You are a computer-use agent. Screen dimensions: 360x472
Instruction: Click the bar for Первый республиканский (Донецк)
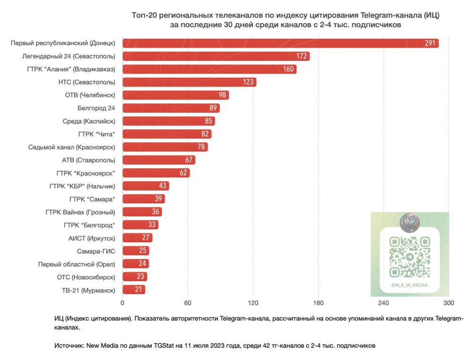(280, 43)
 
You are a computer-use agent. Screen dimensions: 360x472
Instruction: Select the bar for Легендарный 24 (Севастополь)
(216, 56)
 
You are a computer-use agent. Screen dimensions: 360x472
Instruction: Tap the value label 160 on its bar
(288, 69)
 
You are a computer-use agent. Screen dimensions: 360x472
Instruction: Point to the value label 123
(248, 82)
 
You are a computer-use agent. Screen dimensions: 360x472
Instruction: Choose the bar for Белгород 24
(171, 108)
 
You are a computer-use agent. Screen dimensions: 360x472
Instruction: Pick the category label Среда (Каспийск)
(89, 121)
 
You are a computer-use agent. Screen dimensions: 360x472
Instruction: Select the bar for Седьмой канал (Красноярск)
(165, 147)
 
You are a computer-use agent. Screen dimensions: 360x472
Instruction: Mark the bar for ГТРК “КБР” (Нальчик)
(145, 186)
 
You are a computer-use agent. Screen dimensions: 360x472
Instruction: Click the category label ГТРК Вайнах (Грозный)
(80, 211)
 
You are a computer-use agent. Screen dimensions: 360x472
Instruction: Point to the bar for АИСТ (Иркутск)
(137, 237)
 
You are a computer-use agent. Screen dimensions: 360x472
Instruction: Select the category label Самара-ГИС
(96, 251)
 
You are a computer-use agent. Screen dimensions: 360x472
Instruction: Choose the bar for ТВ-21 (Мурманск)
(134, 290)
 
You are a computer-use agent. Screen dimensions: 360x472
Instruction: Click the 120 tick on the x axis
(253, 303)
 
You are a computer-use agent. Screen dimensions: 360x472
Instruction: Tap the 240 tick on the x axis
(383, 303)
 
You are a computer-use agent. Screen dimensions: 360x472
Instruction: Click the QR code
(409, 257)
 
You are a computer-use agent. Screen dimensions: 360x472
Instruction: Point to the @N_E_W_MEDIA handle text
(409, 285)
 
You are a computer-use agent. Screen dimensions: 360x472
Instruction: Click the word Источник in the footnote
(69, 346)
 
